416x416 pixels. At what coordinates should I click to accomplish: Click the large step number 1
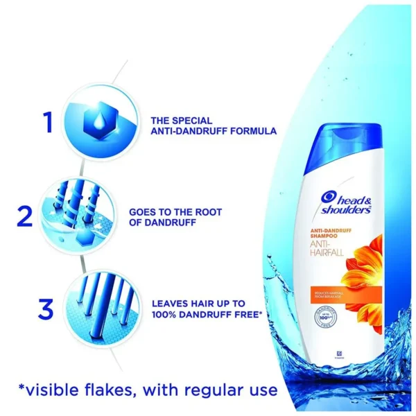click(x=46, y=123)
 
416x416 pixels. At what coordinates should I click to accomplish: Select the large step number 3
click(x=46, y=309)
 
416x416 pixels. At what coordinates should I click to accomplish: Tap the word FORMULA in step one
click(x=254, y=130)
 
